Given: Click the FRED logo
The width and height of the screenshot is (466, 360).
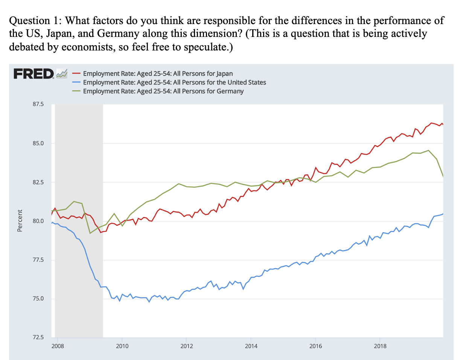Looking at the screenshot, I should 34,73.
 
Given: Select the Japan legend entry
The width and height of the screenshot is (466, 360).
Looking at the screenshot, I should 158,74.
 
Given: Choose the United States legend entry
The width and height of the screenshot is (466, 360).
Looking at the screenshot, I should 174,82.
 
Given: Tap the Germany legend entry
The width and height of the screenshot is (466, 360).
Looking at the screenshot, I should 163,91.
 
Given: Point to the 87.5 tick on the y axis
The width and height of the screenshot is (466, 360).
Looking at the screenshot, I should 38,104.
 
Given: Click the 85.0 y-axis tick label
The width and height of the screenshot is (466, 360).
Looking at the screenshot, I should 38,143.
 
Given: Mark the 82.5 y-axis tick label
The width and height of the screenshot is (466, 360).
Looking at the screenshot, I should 38,182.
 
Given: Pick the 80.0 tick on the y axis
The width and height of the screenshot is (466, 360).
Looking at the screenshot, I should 38,221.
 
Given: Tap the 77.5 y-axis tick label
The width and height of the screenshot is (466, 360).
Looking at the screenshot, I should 38,260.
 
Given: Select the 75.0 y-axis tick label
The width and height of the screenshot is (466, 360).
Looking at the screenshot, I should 38,299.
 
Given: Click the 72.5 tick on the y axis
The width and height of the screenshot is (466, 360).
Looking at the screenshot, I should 38,337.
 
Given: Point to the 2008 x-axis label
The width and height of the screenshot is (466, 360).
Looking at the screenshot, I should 58,346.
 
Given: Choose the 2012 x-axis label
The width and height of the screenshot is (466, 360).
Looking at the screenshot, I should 187,346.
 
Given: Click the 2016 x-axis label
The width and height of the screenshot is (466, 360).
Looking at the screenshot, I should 316,346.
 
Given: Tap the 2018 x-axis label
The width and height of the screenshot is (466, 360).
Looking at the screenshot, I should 380,346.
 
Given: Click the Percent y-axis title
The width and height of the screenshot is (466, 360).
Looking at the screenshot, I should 20,221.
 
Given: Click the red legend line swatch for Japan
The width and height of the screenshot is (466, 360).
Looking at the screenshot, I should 76,74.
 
